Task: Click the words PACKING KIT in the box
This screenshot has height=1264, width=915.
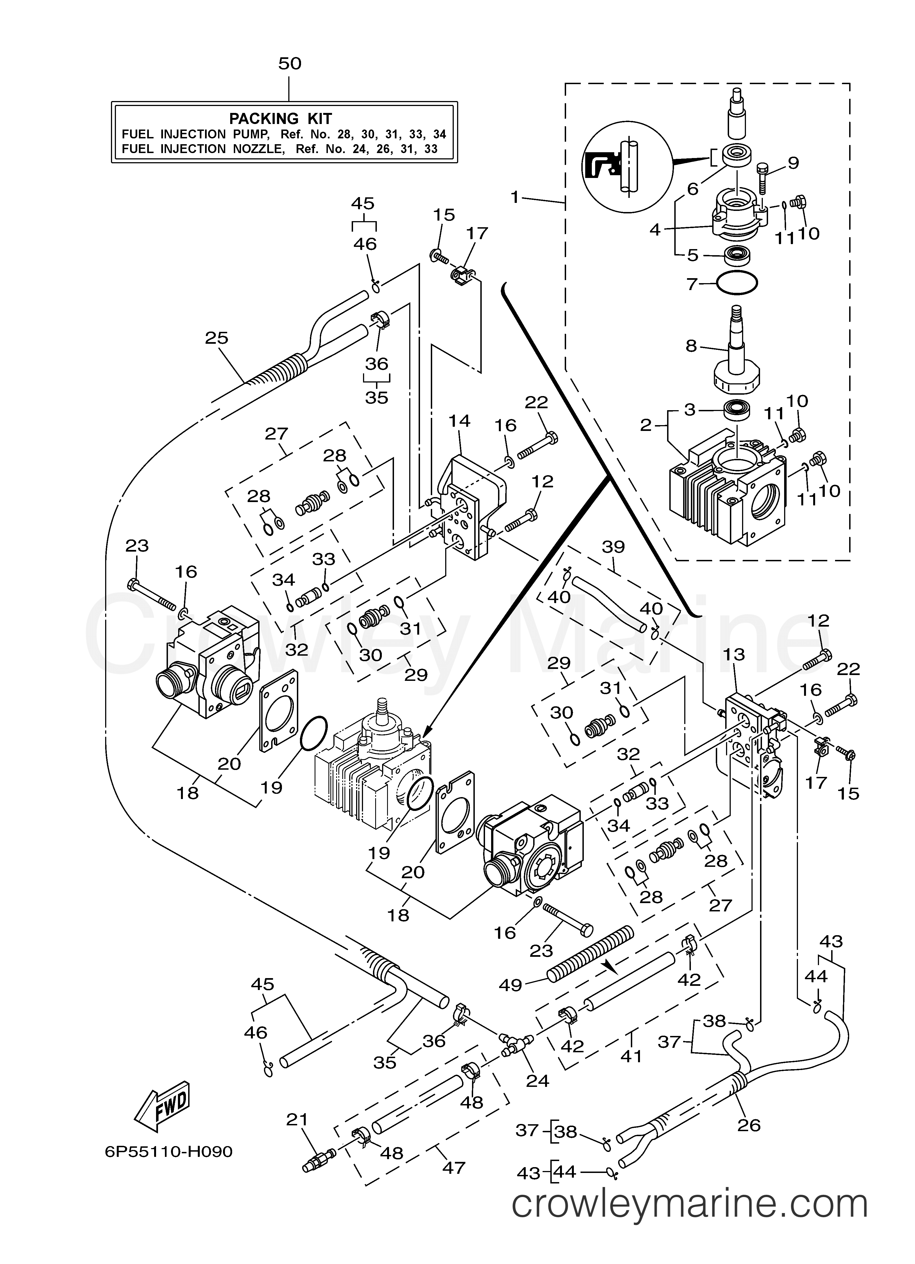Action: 280,119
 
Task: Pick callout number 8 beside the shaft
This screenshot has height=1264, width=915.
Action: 691,346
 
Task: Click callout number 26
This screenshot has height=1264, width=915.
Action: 748,1125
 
